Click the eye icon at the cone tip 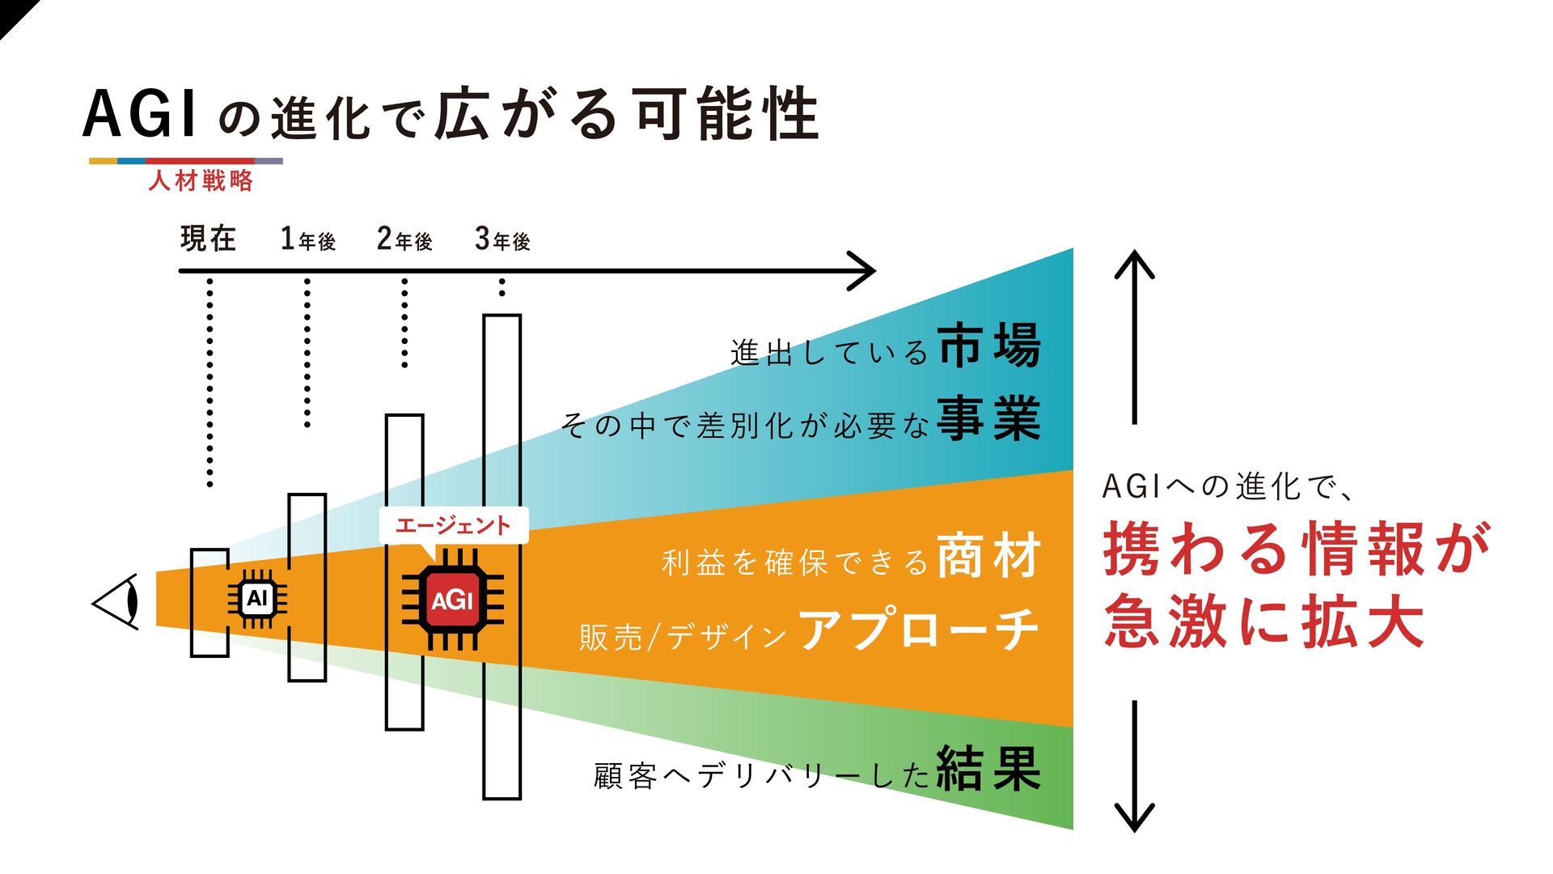coord(116,602)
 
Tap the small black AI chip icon coord(256,599)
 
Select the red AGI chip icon coord(452,600)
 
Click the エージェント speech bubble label coord(453,526)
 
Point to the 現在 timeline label coord(208,239)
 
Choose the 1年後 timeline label coord(307,240)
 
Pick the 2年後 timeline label coord(404,240)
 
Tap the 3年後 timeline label coord(502,240)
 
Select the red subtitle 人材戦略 coord(201,180)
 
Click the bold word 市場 coord(989,346)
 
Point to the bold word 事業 coord(989,418)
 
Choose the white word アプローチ coord(918,630)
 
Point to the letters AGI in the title coord(139,115)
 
